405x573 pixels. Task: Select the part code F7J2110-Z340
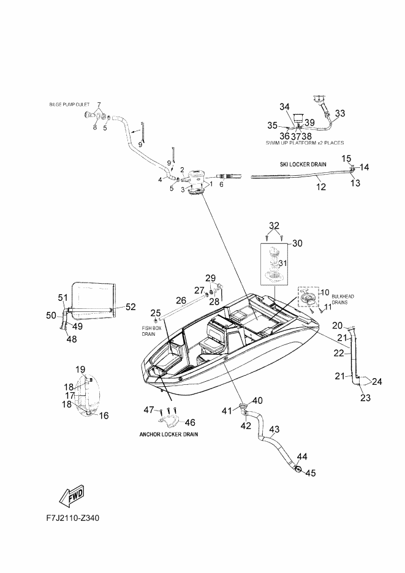click(73, 518)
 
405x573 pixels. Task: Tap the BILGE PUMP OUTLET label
click(69, 105)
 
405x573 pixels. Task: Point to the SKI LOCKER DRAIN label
click(303, 164)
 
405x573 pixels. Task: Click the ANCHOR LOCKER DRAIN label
click(168, 434)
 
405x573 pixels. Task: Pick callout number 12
click(321, 187)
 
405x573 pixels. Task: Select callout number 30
click(298, 243)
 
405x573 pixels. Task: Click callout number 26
click(181, 300)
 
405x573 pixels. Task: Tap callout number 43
click(274, 429)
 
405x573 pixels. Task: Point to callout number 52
click(131, 307)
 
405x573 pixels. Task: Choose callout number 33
click(340, 113)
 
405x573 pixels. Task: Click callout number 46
click(190, 422)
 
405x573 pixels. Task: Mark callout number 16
click(104, 416)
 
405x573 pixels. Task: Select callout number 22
click(339, 354)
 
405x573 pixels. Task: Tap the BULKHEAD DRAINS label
click(343, 300)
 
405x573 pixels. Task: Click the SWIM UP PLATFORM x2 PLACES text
click(305, 143)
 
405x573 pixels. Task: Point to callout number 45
click(311, 473)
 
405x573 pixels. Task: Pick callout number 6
click(221, 184)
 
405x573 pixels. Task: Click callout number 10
click(325, 292)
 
